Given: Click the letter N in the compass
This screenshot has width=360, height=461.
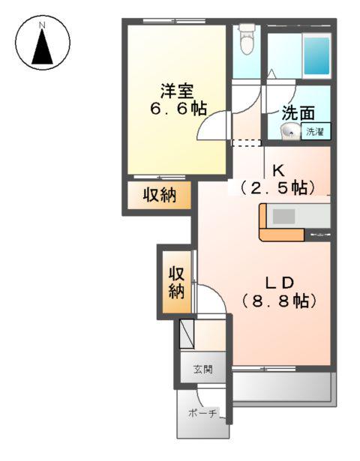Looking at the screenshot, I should click(x=43, y=25).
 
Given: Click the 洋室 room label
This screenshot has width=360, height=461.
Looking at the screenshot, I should click(x=176, y=90).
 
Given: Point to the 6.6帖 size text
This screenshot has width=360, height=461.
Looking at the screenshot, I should click(x=176, y=108).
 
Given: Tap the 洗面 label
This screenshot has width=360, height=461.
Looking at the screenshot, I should click(x=297, y=114).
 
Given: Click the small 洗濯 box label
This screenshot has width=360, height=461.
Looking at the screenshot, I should click(x=315, y=133).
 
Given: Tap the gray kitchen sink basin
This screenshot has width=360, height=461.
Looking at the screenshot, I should click(x=284, y=216).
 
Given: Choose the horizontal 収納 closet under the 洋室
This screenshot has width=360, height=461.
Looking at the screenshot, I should click(x=160, y=196).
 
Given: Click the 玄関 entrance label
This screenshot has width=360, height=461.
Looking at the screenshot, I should click(x=202, y=369).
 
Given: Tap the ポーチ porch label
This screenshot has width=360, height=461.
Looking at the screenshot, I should click(x=202, y=414).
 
